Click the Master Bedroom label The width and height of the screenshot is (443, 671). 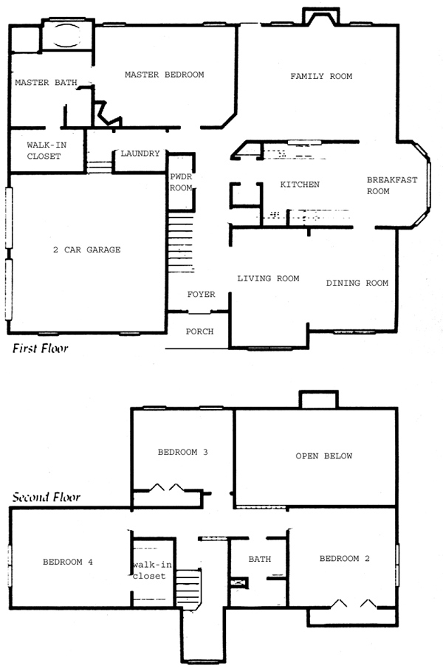coord(165,75)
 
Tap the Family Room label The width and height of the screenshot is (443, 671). coord(321,76)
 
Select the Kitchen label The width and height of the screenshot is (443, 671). coord(300,185)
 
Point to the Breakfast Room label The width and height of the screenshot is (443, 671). coord(391,186)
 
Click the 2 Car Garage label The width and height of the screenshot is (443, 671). coord(87,250)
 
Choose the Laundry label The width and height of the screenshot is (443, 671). coord(140,154)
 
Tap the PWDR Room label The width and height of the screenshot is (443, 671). coord(181,182)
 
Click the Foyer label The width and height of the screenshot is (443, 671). coord(201,295)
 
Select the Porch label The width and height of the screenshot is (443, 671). coord(199,331)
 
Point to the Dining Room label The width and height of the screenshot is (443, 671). coord(357,283)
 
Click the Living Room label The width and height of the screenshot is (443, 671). coord(268,278)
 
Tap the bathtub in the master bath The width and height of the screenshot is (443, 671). coord(66,35)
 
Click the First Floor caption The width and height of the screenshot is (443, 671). coord(40,348)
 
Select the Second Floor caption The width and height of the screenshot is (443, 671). coord(46,497)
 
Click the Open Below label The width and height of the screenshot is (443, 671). coord(324,456)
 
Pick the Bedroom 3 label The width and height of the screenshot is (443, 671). coord(183,452)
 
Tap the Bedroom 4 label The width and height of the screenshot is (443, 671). coord(68,562)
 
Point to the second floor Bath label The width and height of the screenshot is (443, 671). coord(260,559)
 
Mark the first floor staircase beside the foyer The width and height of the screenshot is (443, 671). coord(181,242)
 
